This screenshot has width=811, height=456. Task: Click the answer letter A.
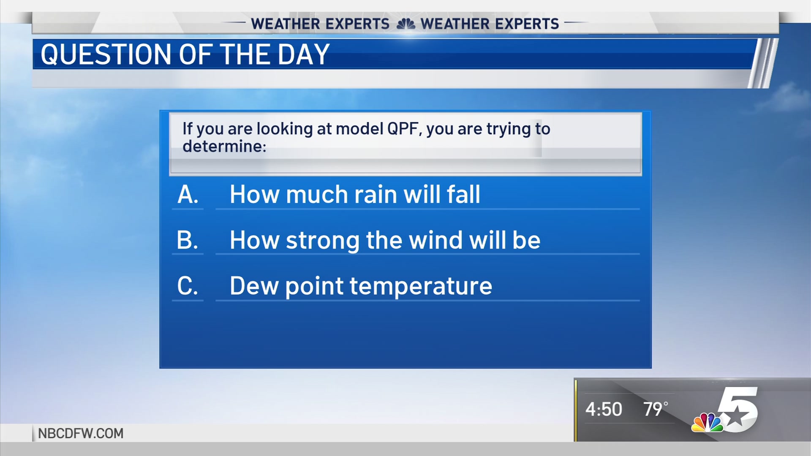[188, 195]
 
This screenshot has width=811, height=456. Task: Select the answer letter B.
[188, 240]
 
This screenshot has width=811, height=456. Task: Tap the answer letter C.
[188, 286]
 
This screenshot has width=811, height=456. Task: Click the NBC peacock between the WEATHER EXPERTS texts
[406, 24]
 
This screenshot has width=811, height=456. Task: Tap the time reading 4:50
[604, 409]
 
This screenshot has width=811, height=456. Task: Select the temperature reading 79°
[656, 409]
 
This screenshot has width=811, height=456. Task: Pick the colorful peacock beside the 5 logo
[707, 422]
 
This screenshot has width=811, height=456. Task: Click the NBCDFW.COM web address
[81, 433]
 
